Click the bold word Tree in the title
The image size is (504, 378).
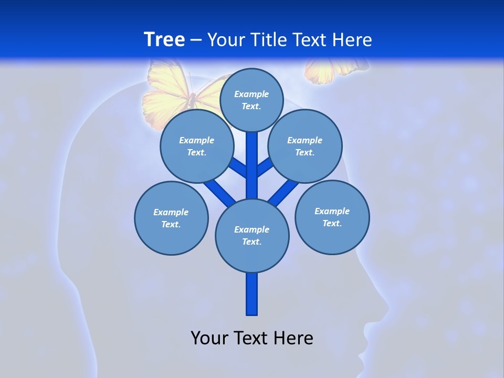pos(164,40)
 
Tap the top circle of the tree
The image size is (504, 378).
pos(251,100)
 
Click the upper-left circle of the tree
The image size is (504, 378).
pos(196,146)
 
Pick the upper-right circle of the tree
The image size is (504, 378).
pos(305,146)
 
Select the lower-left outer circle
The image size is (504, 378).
pos(171,218)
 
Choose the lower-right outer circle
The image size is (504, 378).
pos(332,217)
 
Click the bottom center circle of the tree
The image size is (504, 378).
pos(252,236)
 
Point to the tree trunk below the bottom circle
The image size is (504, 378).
pos(252,294)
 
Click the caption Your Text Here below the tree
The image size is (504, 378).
pos(252,338)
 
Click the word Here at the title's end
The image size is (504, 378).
pos(352,40)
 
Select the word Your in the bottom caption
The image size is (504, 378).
pos(208,338)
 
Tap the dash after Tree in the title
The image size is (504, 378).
pos(196,40)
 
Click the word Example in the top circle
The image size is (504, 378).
pos(251,94)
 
